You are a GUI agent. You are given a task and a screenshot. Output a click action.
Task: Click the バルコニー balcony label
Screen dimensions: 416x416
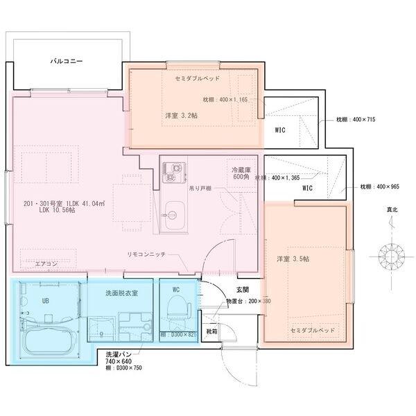click(67, 61)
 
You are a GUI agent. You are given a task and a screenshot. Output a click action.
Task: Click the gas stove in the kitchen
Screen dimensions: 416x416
click(172, 173)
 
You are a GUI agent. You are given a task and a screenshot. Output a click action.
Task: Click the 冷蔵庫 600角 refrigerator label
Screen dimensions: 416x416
click(241, 173)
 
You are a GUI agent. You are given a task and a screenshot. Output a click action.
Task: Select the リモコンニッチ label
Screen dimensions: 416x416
click(146, 254)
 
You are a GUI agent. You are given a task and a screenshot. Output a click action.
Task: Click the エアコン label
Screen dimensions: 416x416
click(46, 264)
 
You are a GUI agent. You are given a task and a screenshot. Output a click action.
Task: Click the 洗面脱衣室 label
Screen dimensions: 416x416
click(121, 293)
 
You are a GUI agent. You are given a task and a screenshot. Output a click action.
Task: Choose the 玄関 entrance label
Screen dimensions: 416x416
click(242, 289)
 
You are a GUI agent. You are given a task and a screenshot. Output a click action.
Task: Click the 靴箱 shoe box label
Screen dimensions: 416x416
click(211, 331)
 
